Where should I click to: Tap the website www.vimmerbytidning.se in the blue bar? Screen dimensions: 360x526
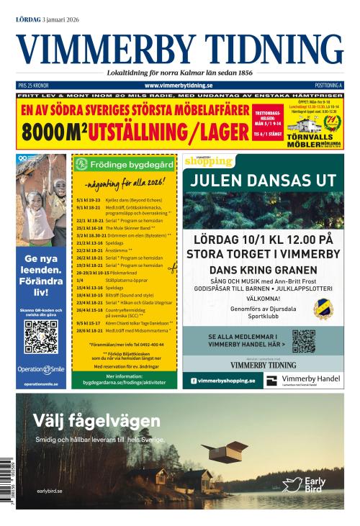(179, 85)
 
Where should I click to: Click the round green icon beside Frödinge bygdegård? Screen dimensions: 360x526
(81, 164)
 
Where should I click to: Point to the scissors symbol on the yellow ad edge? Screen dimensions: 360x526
(173, 268)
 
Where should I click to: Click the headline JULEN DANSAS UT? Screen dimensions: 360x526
(263, 180)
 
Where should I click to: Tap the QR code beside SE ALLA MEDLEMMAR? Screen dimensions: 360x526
(303, 340)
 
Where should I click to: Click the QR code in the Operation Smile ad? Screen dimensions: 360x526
(40, 336)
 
